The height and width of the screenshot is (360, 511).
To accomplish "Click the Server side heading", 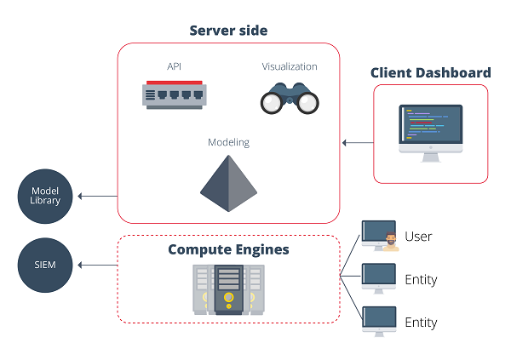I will pyautogui.click(x=228, y=31).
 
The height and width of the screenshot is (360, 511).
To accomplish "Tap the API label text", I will pyautogui.click(x=175, y=66).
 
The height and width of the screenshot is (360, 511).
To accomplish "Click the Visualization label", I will pyautogui.click(x=290, y=66).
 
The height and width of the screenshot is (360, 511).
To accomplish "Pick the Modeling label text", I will pyautogui.click(x=228, y=142).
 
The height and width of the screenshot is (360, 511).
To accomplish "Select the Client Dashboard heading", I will pyautogui.click(x=430, y=72).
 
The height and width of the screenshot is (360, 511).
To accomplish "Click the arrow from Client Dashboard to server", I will pyautogui.click(x=357, y=143).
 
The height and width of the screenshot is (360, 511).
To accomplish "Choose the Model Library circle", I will pyautogui.click(x=45, y=195).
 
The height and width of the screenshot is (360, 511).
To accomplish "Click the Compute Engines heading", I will pyautogui.click(x=228, y=249).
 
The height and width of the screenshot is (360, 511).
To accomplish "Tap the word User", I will pyautogui.click(x=419, y=236).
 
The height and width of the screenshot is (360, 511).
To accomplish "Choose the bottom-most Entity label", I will pyautogui.click(x=421, y=323).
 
